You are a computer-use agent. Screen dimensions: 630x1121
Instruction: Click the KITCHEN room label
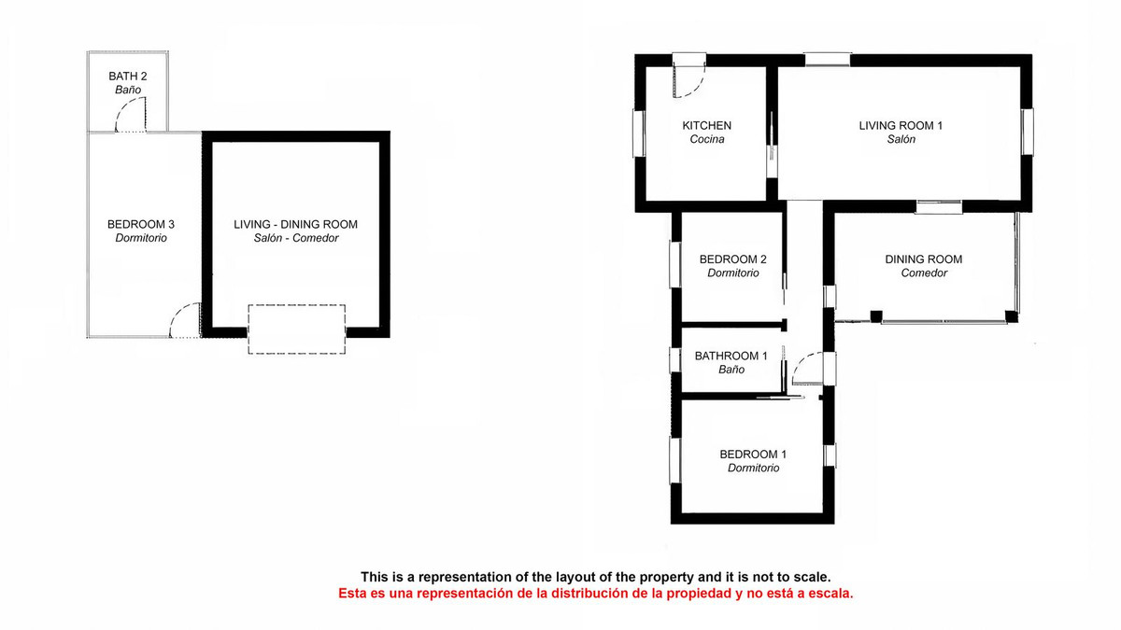click(706, 125)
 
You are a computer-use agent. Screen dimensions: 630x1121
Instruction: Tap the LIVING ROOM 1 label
click(901, 125)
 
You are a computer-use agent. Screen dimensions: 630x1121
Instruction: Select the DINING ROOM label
click(923, 259)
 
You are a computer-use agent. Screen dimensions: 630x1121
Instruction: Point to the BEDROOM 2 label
click(733, 259)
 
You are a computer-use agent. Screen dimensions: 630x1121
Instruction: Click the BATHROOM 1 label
click(731, 356)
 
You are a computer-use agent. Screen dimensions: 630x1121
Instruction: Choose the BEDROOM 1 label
click(753, 455)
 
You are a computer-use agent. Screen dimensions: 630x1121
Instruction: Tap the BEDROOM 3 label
click(141, 224)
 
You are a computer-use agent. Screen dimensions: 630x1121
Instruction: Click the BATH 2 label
click(128, 76)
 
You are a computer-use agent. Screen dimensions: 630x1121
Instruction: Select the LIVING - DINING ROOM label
click(295, 224)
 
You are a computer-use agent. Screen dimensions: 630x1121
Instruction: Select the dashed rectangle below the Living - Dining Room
click(296, 329)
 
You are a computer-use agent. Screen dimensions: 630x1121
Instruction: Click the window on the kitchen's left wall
click(640, 133)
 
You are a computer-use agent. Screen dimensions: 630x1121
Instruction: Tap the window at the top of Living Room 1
click(827, 61)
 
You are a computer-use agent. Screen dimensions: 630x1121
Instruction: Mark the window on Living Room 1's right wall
click(1027, 131)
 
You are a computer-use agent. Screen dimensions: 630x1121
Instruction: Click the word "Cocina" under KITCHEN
click(707, 140)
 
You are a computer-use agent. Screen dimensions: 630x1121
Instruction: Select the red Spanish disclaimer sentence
click(595, 594)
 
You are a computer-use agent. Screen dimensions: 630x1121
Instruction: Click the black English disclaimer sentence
click(595, 577)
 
